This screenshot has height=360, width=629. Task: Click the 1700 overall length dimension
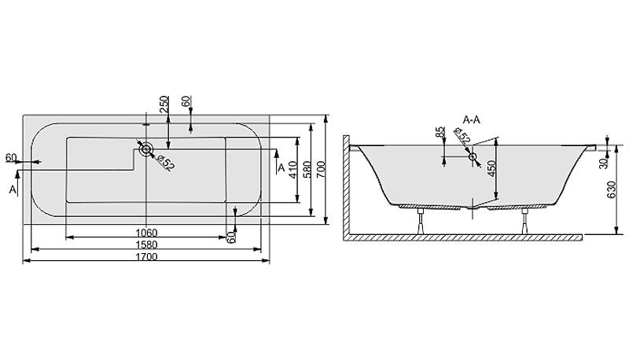point(146,256)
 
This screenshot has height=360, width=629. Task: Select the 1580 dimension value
point(146,244)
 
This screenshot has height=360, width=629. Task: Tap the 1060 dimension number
point(146,233)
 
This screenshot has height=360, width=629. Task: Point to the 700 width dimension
point(321,169)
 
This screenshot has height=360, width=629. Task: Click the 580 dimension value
point(307,169)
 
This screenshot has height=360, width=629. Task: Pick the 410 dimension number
point(292,169)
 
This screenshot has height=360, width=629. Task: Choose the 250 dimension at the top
point(164,105)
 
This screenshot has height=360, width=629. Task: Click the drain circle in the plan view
point(145,150)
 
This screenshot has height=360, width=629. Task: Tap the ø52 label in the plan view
point(165,163)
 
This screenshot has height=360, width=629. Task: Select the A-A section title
point(471,119)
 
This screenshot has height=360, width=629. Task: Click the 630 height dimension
point(612,190)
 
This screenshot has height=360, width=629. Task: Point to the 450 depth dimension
point(492,169)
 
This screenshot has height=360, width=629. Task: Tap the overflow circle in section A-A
point(473,156)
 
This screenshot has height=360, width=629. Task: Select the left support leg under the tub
point(421,222)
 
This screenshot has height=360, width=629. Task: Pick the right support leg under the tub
point(525,222)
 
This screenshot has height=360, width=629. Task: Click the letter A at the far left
point(13,189)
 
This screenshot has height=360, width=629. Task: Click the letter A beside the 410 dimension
point(281,167)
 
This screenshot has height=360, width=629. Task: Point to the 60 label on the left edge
point(11,157)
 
